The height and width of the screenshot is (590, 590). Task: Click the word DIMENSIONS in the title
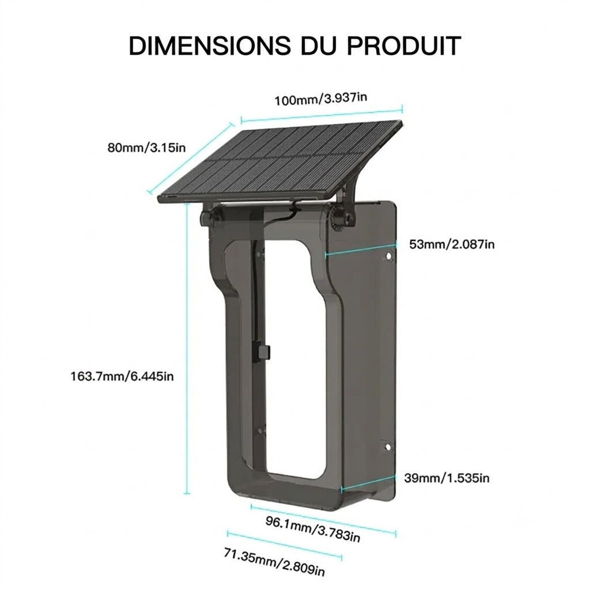pyautogui.click(x=210, y=46)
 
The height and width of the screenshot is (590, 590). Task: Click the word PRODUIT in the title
pyautogui.click(x=404, y=46)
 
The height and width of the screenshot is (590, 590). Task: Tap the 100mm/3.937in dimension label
pyautogui.click(x=320, y=99)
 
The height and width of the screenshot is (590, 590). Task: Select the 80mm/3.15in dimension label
pyautogui.click(x=147, y=147)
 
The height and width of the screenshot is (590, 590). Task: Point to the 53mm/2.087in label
pyautogui.click(x=452, y=244)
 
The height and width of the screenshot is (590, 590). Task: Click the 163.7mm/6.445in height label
pyautogui.click(x=122, y=376)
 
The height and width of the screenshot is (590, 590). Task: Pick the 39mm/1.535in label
pyautogui.click(x=447, y=478)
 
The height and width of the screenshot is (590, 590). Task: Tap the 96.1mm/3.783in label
pyautogui.click(x=313, y=530)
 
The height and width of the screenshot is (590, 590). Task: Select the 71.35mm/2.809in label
pyautogui.click(x=274, y=562)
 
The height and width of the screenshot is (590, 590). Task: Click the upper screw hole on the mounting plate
pyautogui.click(x=388, y=256)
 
